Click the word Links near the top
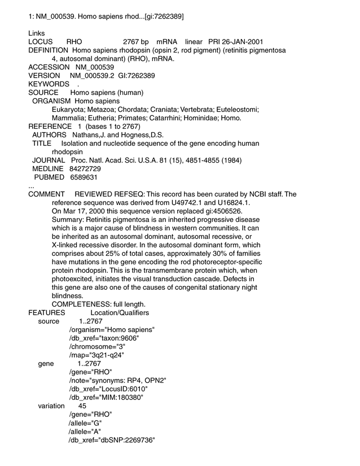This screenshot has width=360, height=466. [x=36, y=33]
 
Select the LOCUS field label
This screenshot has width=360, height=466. [x=41, y=42]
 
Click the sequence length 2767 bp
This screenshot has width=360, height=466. [x=135, y=42]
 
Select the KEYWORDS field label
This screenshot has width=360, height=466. [x=49, y=84]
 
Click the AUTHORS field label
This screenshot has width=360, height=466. [x=50, y=135]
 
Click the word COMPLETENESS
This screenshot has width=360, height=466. [x=80, y=304]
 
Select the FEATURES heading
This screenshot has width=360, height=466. [x=47, y=312]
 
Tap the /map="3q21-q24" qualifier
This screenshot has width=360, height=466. [x=96, y=355]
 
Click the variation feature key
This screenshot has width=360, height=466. [x=51, y=406]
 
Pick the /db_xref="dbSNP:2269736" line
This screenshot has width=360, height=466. [x=112, y=439]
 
